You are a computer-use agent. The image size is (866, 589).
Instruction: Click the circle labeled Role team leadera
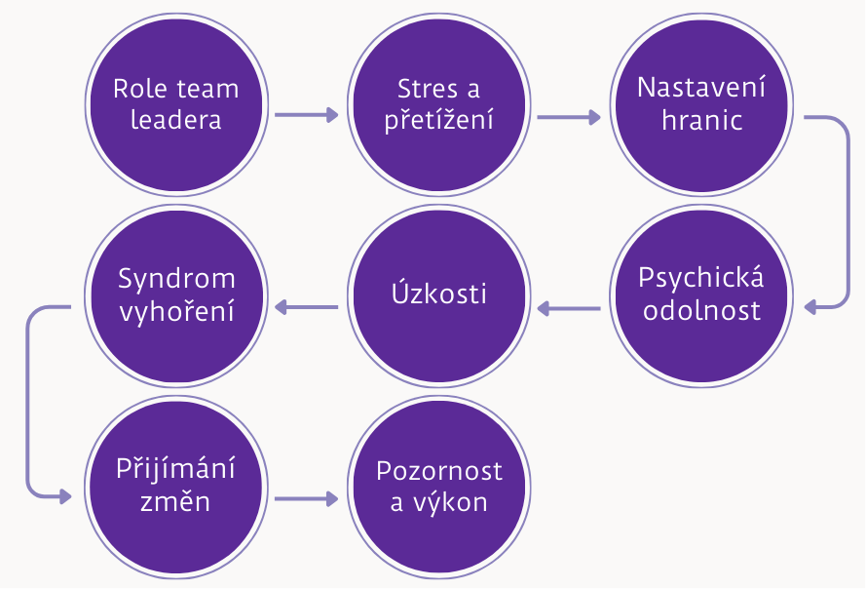pos(175,103)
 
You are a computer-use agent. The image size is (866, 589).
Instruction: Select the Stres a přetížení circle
pos(438,103)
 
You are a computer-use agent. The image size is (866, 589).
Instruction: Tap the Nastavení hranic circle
pos(701,103)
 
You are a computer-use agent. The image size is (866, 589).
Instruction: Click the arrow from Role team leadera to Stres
pos(306,115)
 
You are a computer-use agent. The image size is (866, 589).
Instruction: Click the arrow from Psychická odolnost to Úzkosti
pos(569,309)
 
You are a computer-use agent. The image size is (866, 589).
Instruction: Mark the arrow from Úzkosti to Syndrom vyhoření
pos(306,308)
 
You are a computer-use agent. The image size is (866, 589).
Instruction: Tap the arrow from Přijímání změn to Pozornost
pos(306,499)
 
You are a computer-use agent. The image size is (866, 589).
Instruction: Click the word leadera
pos(175,120)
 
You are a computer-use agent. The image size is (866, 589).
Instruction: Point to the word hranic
pos(701,120)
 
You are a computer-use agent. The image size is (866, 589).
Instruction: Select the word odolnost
pos(701,312)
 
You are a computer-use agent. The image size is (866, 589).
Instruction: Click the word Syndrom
pos(176,279)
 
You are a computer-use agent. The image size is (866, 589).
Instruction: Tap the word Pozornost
pos(439,472)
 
